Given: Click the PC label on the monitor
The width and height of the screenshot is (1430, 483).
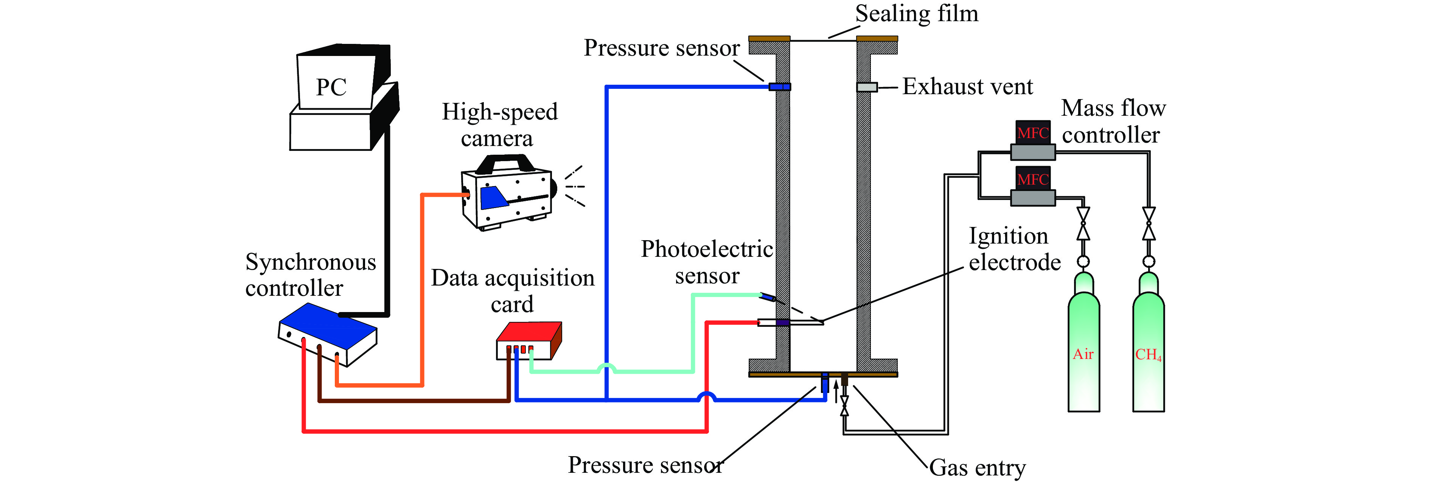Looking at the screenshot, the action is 331,87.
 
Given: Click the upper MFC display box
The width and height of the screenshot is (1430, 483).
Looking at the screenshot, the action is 1032,133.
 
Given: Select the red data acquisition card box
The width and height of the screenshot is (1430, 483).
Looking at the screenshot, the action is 529,340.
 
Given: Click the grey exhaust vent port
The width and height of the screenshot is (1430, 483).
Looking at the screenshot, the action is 867,87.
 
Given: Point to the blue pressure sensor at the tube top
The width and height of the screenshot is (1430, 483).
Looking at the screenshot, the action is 779,87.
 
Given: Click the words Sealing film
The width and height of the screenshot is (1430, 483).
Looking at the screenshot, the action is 917,13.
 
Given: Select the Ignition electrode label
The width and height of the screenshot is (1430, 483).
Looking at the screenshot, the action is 1015,249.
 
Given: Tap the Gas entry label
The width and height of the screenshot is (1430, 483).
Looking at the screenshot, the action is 978,467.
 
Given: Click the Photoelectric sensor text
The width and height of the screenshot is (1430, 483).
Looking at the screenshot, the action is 707,262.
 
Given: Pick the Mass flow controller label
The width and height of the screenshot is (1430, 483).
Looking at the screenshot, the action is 1113,121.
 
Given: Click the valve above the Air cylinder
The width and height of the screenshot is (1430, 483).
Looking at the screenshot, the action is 1083,224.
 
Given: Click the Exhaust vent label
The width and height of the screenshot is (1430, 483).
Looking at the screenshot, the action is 968,87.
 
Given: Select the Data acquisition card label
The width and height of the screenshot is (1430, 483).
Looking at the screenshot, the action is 512,291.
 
